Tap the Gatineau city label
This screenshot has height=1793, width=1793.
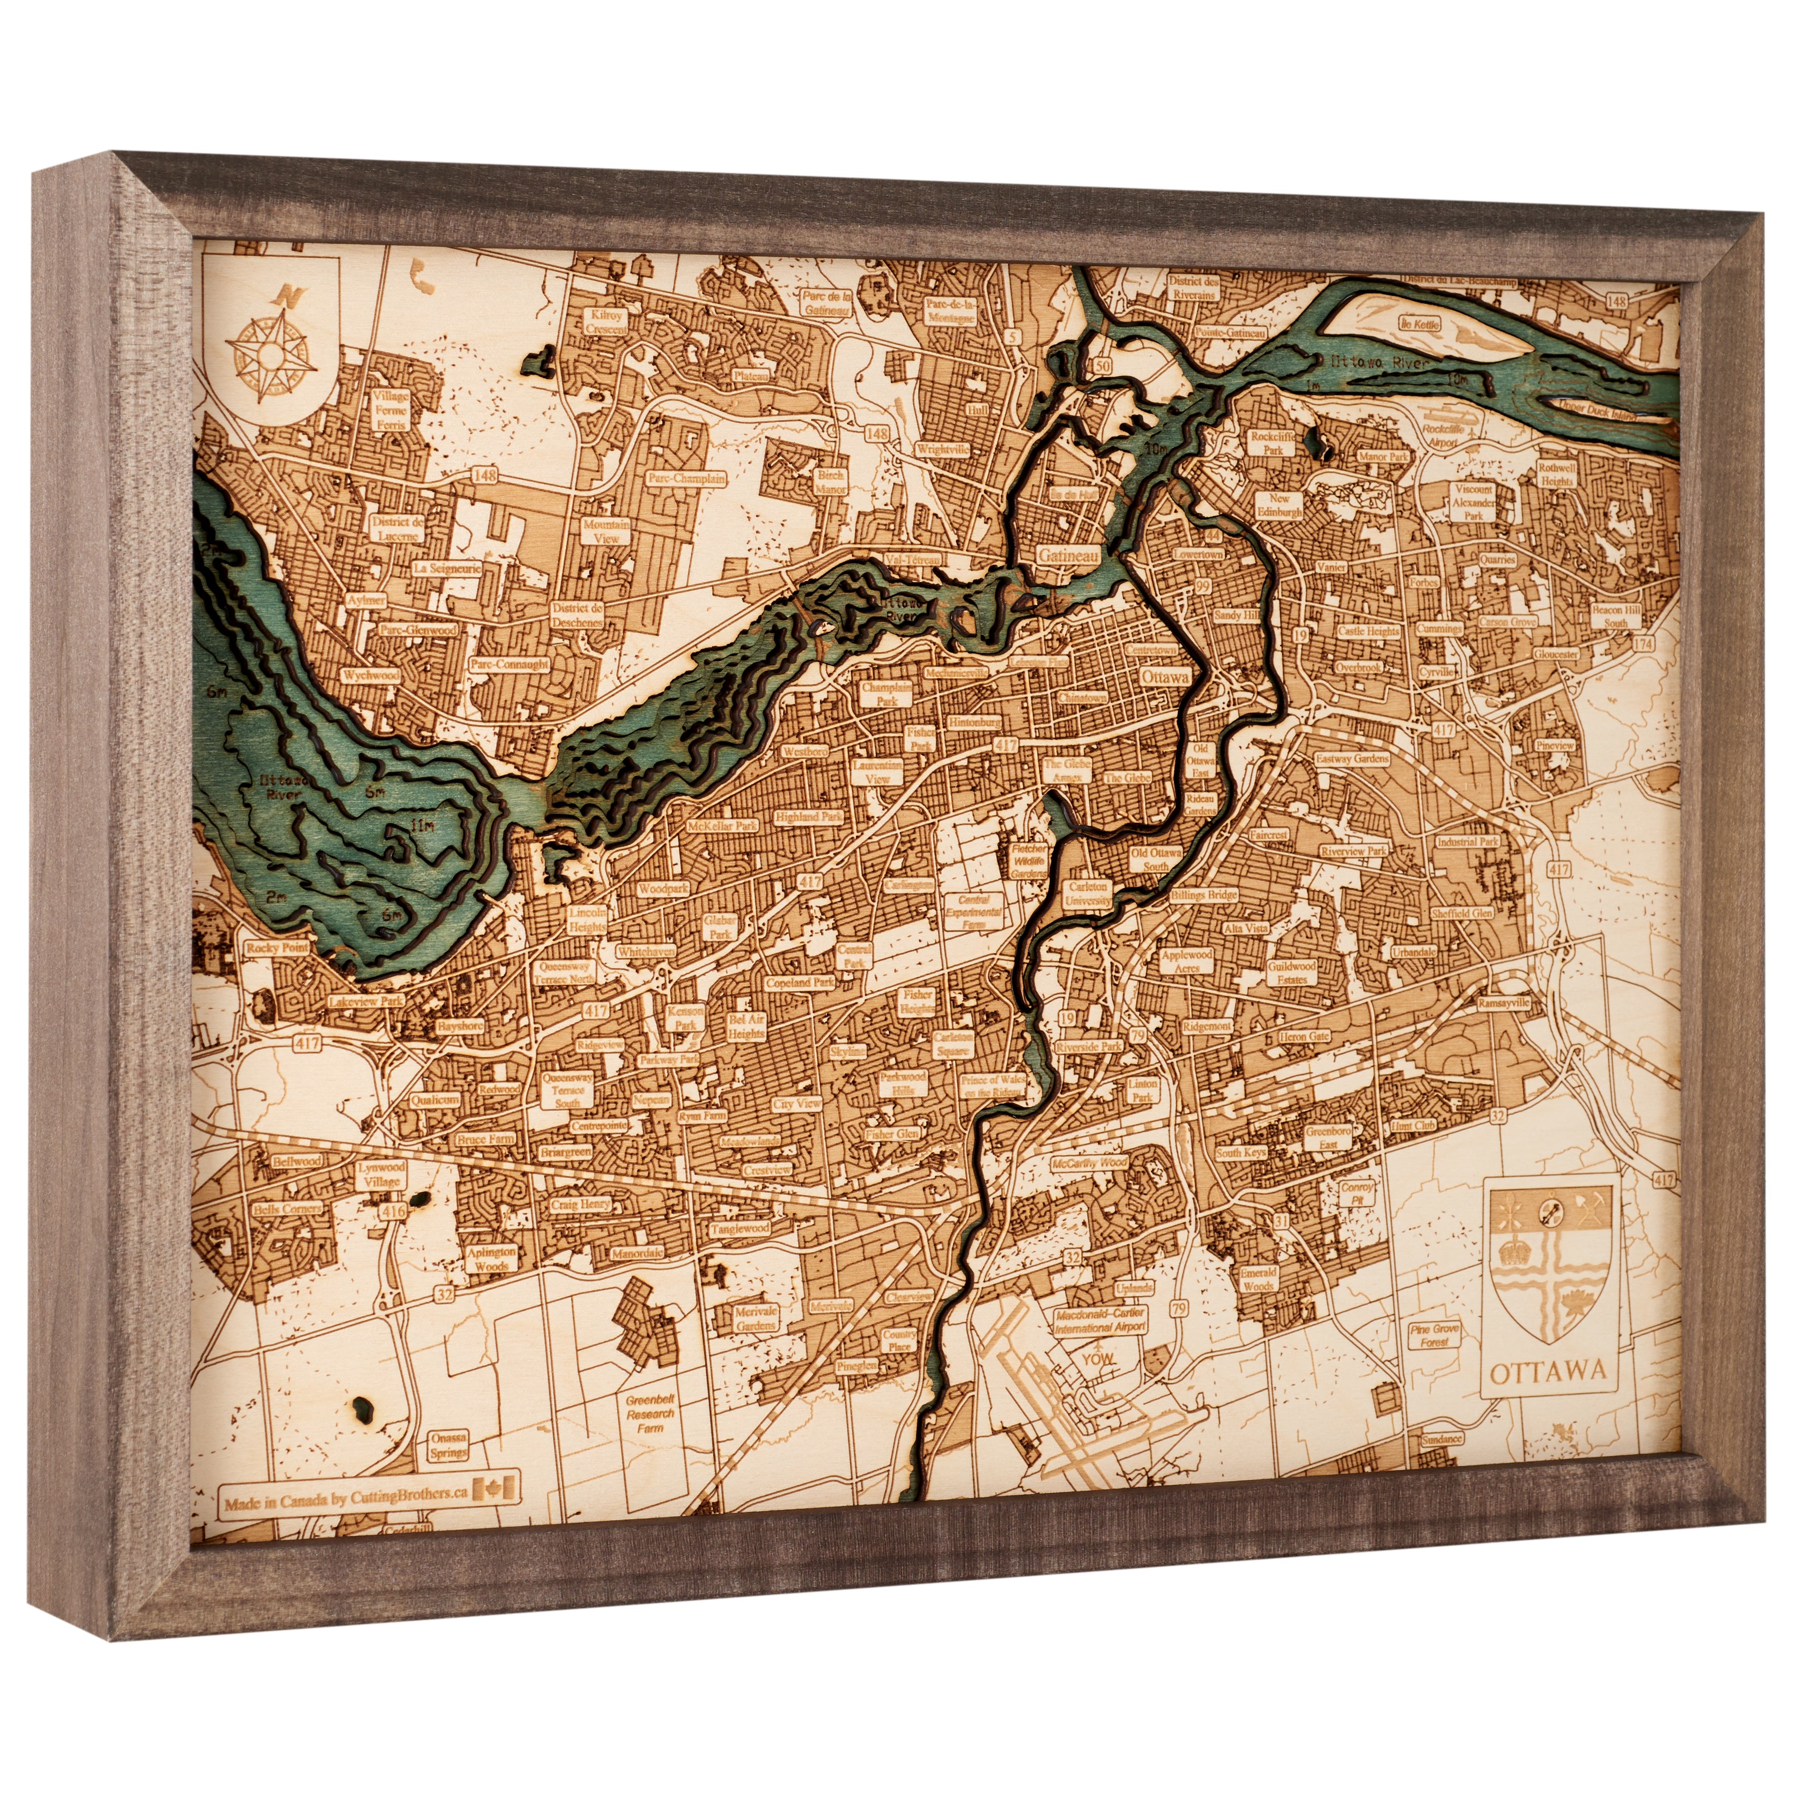pyautogui.click(x=1068, y=555)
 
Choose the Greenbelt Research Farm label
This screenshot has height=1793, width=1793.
pyautogui.click(x=649, y=1414)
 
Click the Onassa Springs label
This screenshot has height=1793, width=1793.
pyautogui.click(x=449, y=1445)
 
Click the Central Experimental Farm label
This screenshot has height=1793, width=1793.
pyautogui.click(x=973, y=911)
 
